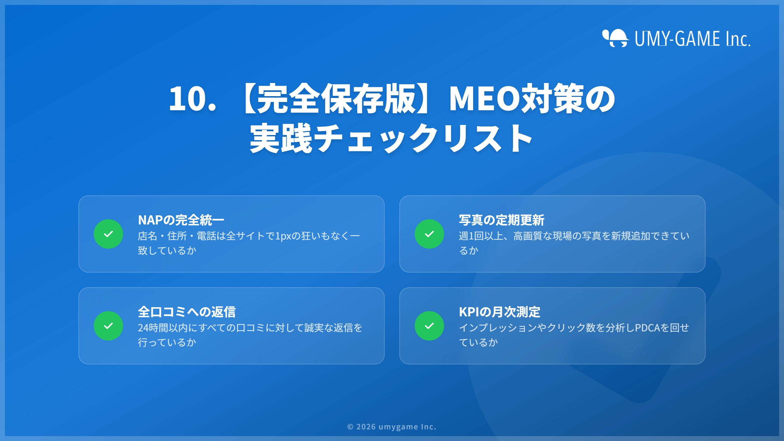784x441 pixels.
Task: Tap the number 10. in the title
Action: point(192,99)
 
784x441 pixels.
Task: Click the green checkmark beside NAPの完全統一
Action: point(108,234)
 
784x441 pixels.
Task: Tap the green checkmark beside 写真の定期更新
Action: point(429,234)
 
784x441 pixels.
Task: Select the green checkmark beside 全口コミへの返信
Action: point(108,326)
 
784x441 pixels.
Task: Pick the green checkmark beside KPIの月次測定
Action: point(429,326)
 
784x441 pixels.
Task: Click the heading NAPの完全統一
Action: point(181,220)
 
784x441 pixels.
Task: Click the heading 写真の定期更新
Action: point(502,220)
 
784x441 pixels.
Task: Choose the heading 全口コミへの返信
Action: point(187,312)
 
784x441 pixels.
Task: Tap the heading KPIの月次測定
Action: point(499,312)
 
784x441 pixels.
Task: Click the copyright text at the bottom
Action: point(392,427)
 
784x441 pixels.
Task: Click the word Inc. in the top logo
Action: point(738,39)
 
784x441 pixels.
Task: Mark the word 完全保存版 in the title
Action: point(335,99)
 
